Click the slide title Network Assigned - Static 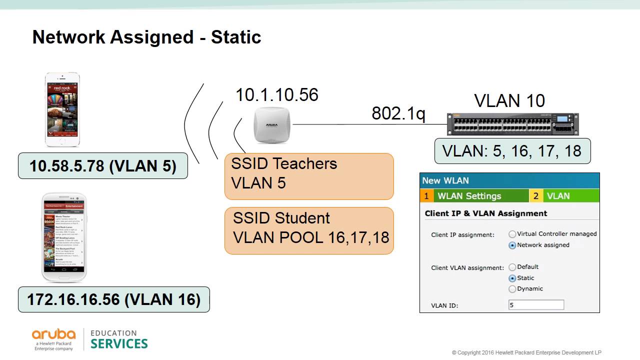pos(146,37)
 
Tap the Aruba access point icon pos(271,125)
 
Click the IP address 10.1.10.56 pos(276,94)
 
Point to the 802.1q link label pos(398,113)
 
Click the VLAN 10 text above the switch pos(509,100)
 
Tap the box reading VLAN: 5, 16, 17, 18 pos(512,150)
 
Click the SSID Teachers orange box pos(309,176)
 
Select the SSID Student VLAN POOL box pos(309,230)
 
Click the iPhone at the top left pos(62,110)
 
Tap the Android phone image pos(63,237)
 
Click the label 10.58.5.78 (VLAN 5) pos(103,166)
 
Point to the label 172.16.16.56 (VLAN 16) pos(113,299)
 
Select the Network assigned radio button pos(512,245)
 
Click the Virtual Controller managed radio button pos(512,234)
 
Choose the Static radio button pos(512,278)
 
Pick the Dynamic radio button pos(512,289)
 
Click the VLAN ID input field pos(536,305)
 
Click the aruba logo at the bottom pos(53,339)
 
